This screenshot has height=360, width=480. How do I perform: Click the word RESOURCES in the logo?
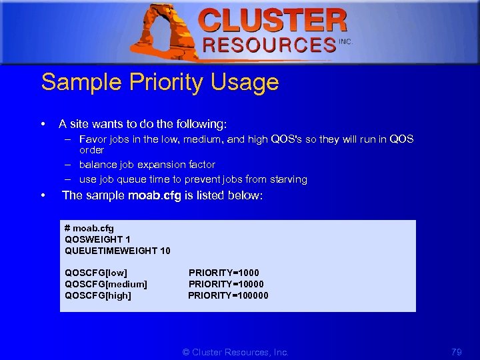(269, 45)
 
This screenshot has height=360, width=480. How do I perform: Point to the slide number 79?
(457, 351)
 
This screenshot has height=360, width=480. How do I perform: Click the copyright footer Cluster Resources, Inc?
(235, 351)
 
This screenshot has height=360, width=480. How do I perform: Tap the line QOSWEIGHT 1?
(97, 239)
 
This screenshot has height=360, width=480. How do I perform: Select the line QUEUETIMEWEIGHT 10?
(117, 251)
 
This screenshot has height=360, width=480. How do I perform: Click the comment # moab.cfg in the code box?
(89, 228)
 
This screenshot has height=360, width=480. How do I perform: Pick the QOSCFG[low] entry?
(96, 273)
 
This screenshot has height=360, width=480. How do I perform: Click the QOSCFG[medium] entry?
(106, 284)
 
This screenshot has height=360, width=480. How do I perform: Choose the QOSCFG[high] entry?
(98, 295)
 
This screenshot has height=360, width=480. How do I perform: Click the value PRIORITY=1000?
(224, 273)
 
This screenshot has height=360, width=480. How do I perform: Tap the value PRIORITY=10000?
(226, 284)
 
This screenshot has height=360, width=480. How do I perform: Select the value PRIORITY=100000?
(228, 295)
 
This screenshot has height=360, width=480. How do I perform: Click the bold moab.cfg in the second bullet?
(154, 196)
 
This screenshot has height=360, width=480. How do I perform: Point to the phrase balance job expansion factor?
(147, 164)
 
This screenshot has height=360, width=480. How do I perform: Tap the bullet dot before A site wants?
(43, 124)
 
